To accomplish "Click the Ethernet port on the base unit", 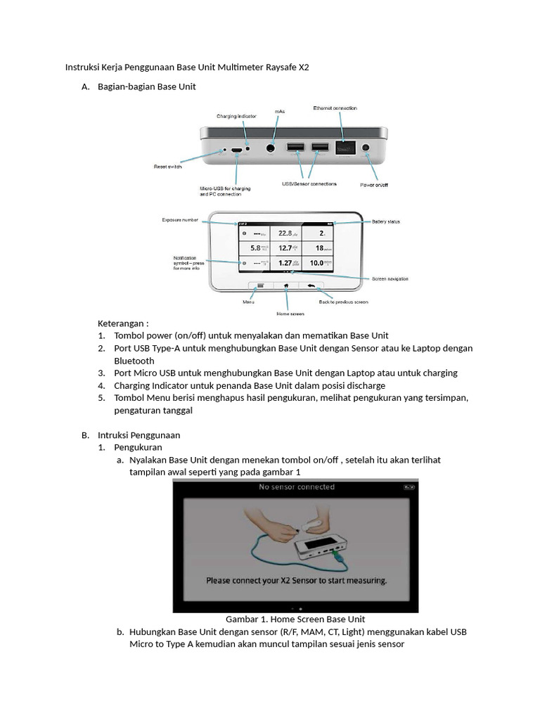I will pos(345,148).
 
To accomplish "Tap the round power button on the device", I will pos(366,148).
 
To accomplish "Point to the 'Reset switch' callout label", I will pos(168,167).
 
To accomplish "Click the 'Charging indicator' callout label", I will pos(236,116).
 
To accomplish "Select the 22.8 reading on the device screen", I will pos(283,233).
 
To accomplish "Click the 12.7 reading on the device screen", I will pos(283,247).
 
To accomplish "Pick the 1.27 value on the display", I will pos(283,263).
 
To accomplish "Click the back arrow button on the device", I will pos(310,285).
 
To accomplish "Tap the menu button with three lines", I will pos(260,285).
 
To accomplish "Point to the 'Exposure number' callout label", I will pos(181,219).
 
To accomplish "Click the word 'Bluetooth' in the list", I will pos(134,361).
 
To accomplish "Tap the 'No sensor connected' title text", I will pos(297,487).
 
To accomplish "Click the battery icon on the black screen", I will pos(409,486).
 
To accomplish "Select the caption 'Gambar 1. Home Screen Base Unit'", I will pos(295,619).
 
